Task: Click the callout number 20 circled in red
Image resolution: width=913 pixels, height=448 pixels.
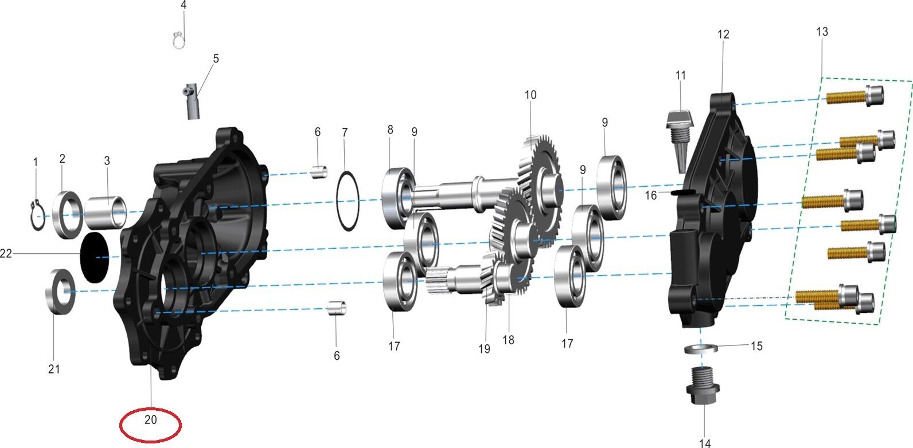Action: coord(150,419)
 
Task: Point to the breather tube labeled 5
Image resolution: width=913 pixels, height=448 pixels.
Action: coord(192,101)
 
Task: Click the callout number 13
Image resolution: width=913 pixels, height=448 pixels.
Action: coord(822,32)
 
